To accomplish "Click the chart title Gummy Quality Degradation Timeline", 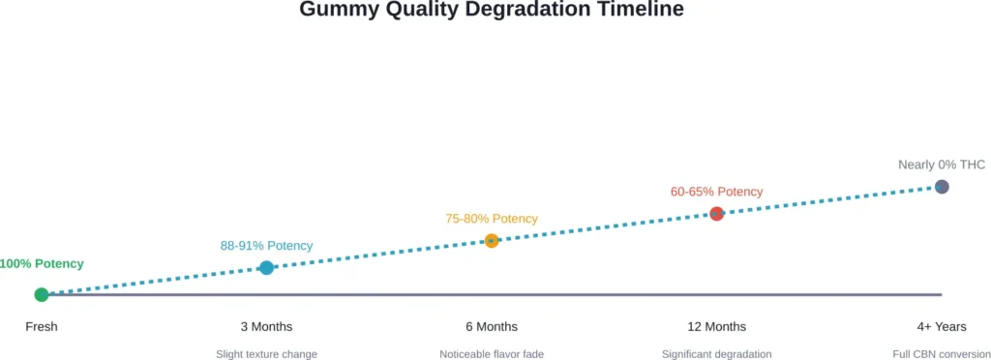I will pos(492,11).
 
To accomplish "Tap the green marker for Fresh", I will pos(42,294).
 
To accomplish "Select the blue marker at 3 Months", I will pos(266,267).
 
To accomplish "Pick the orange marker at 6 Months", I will pos(492,240).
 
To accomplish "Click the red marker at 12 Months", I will pos(716,213).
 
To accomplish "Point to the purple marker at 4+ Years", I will pos(942,186).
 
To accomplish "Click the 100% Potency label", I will pos(42,263).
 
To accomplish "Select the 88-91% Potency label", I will pos(266,246).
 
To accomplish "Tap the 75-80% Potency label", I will pos(492,219).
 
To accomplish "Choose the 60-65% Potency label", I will pos(716,192).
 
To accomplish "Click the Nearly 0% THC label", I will pos(942,165).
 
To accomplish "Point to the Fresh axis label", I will pos(42,327).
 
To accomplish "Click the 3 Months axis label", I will pos(266,327).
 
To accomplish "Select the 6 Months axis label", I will pos(492,327).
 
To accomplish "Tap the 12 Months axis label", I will pos(716,327).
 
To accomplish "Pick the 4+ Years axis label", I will pos(942,327).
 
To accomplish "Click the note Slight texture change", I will pos(266,354).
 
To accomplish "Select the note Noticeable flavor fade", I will pos(492,354).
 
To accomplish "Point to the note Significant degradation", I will pos(716,354).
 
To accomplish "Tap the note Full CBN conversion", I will pos(941,354).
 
